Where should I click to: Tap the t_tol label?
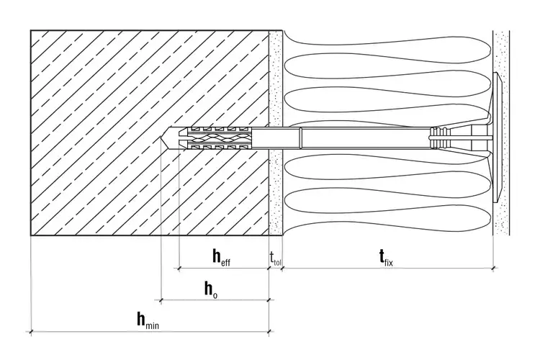pyautogui.click(x=276, y=258)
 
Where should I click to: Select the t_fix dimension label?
pyautogui.click(x=386, y=257)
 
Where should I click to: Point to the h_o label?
pyautogui.click(x=211, y=289)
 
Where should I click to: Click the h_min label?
pyautogui.click(x=148, y=320)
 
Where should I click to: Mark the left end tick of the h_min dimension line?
pyautogui.click(x=32, y=332)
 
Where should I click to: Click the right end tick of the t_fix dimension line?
pyautogui.click(x=493, y=268)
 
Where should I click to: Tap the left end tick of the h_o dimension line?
pyautogui.click(x=161, y=300)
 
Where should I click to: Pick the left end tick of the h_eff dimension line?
pyautogui.click(x=179, y=268)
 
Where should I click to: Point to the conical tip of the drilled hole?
pyautogui.click(x=161, y=138)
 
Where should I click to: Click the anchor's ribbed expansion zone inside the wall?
pyautogui.click(x=217, y=138)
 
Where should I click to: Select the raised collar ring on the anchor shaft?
pyautogui.click(x=300, y=138)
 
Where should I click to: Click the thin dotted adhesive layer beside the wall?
pyautogui.click(x=276, y=132)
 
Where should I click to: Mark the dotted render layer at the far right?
pyautogui.click(x=501, y=132)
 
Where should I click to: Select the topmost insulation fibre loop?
pyautogui.click(x=386, y=40)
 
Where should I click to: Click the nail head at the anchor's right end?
pyautogui.click(x=489, y=138)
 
